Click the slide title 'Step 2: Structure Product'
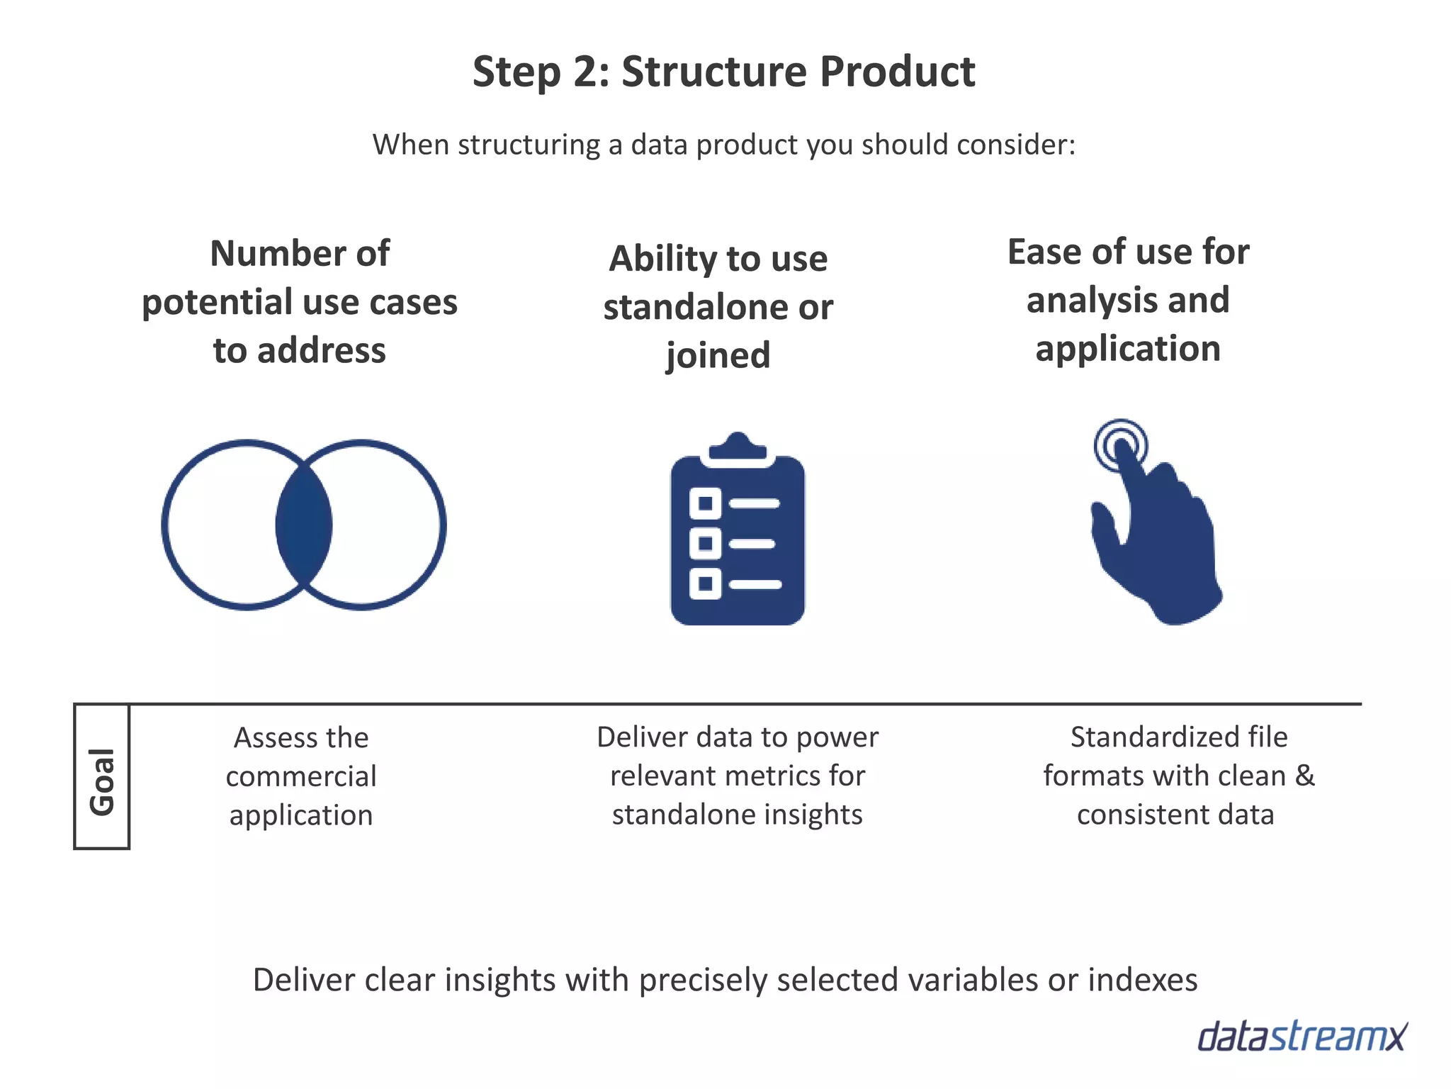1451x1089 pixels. point(723,72)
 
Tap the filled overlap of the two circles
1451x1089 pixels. point(304,525)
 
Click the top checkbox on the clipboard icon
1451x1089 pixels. point(705,503)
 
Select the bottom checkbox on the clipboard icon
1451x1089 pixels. point(705,583)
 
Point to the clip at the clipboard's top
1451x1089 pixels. point(738,448)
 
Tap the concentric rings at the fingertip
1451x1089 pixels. point(1120,445)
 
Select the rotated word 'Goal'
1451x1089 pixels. point(102,781)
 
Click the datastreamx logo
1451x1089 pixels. point(1302,1037)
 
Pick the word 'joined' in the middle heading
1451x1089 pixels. point(718,354)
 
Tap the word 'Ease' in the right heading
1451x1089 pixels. point(1044,252)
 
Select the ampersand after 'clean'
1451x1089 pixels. point(1305,775)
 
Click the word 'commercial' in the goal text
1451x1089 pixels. point(301,776)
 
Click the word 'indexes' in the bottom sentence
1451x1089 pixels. point(1142,980)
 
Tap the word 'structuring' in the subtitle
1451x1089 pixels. point(529,145)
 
